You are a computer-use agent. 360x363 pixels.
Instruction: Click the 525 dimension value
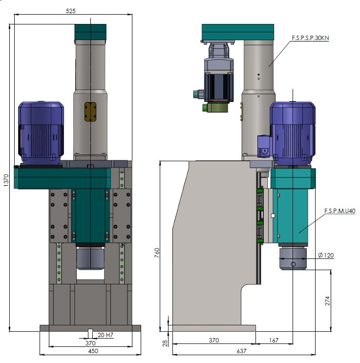tap(71, 11)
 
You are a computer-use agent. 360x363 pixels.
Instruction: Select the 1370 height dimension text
tap(6, 180)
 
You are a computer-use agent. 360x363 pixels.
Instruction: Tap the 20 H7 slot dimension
tap(106, 335)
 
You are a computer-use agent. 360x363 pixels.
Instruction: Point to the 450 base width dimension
tap(93, 351)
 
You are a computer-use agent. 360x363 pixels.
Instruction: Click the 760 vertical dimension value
tap(157, 253)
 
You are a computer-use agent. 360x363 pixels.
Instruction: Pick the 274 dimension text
tap(327, 301)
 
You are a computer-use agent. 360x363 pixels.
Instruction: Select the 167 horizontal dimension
tap(274, 341)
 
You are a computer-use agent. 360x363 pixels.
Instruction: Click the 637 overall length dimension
tap(241, 351)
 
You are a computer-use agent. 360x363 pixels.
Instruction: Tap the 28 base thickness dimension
tap(165, 343)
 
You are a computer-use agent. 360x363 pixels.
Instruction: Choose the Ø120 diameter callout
tap(326, 255)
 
